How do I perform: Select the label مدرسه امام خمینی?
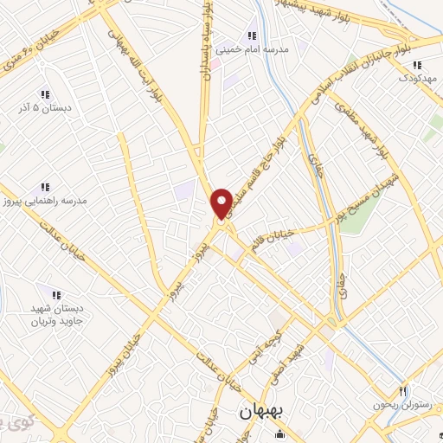(x=251, y=49)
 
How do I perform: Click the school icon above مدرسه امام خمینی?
(x=251, y=35)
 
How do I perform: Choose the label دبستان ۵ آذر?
(x=44, y=108)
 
